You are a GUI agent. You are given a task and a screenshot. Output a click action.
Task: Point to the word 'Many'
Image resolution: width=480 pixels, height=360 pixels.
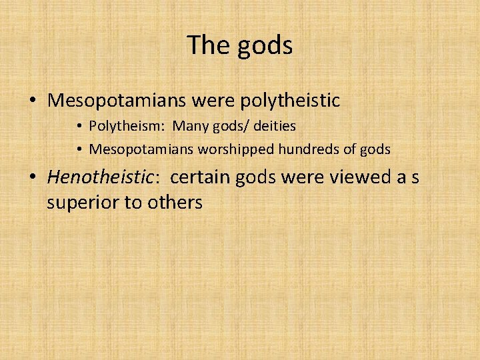191,126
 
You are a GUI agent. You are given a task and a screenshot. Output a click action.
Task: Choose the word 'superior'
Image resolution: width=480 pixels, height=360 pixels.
79,202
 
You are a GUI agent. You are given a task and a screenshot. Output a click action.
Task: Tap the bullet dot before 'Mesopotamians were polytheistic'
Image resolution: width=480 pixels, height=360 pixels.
32,101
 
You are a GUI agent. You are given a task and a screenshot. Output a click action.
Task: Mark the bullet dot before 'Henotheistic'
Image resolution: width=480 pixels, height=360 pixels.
32,178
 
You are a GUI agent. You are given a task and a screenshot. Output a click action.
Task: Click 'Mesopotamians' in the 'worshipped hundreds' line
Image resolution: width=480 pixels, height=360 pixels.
141,149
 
